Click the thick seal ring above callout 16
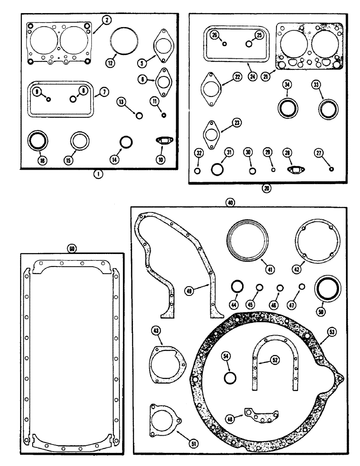[36, 140]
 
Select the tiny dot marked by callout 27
[331, 169]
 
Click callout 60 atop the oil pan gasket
[72, 249]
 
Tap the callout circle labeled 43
[155, 331]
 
